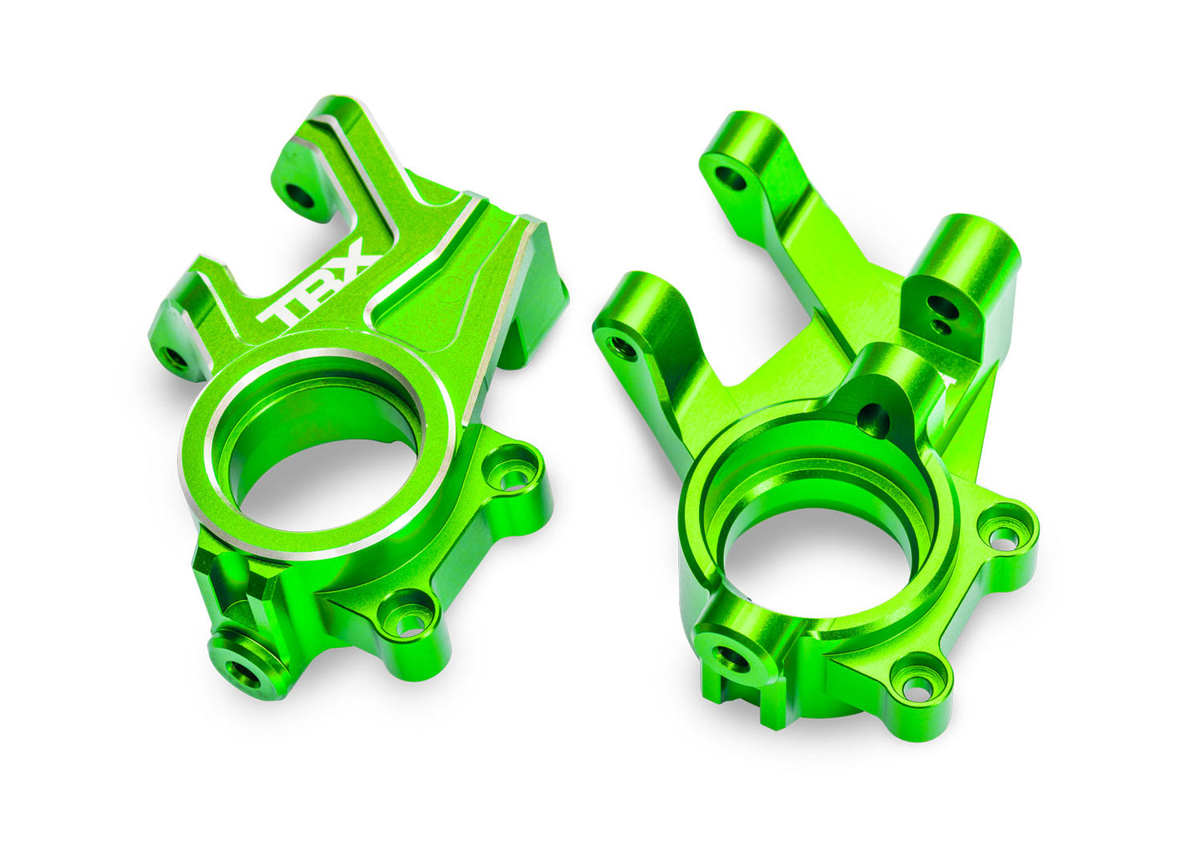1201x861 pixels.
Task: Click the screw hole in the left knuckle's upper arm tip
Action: pyautogui.click(x=298, y=196)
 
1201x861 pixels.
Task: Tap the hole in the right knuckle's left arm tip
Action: pyautogui.click(x=622, y=344)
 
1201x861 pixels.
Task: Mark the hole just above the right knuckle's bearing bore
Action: pyautogui.click(x=873, y=421)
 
